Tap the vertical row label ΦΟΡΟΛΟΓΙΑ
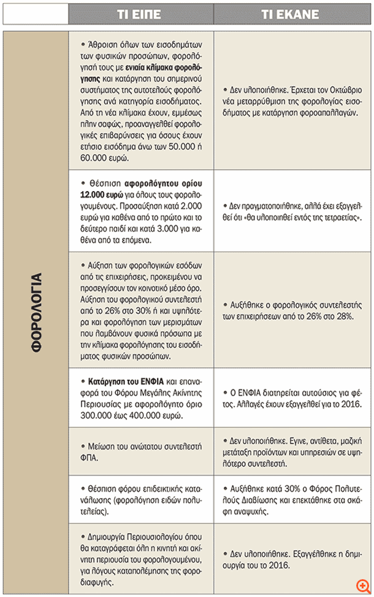tap(36, 311)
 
